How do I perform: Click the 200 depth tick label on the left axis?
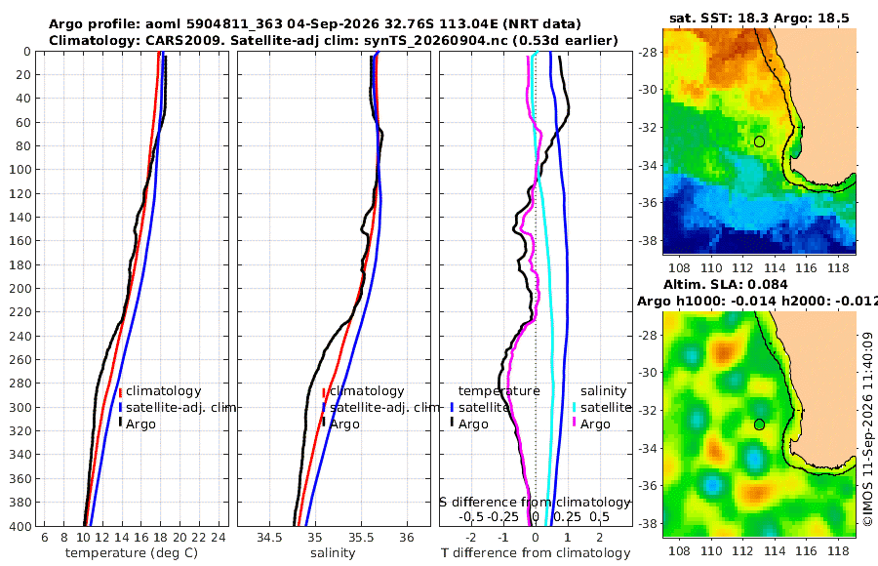tap(20, 288)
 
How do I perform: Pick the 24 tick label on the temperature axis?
tap(219, 538)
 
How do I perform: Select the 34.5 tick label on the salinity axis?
tap(269, 538)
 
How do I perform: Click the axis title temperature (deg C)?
tap(132, 553)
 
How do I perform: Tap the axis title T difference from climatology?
tap(536, 553)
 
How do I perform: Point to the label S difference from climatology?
tap(535, 503)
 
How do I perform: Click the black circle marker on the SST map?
tap(759, 141)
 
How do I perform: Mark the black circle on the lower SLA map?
tap(759, 424)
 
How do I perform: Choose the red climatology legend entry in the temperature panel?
tap(160, 391)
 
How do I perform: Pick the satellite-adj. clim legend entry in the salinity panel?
tap(380, 407)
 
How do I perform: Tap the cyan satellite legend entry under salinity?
tap(602, 407)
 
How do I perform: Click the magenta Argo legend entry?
tap(591, 424)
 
